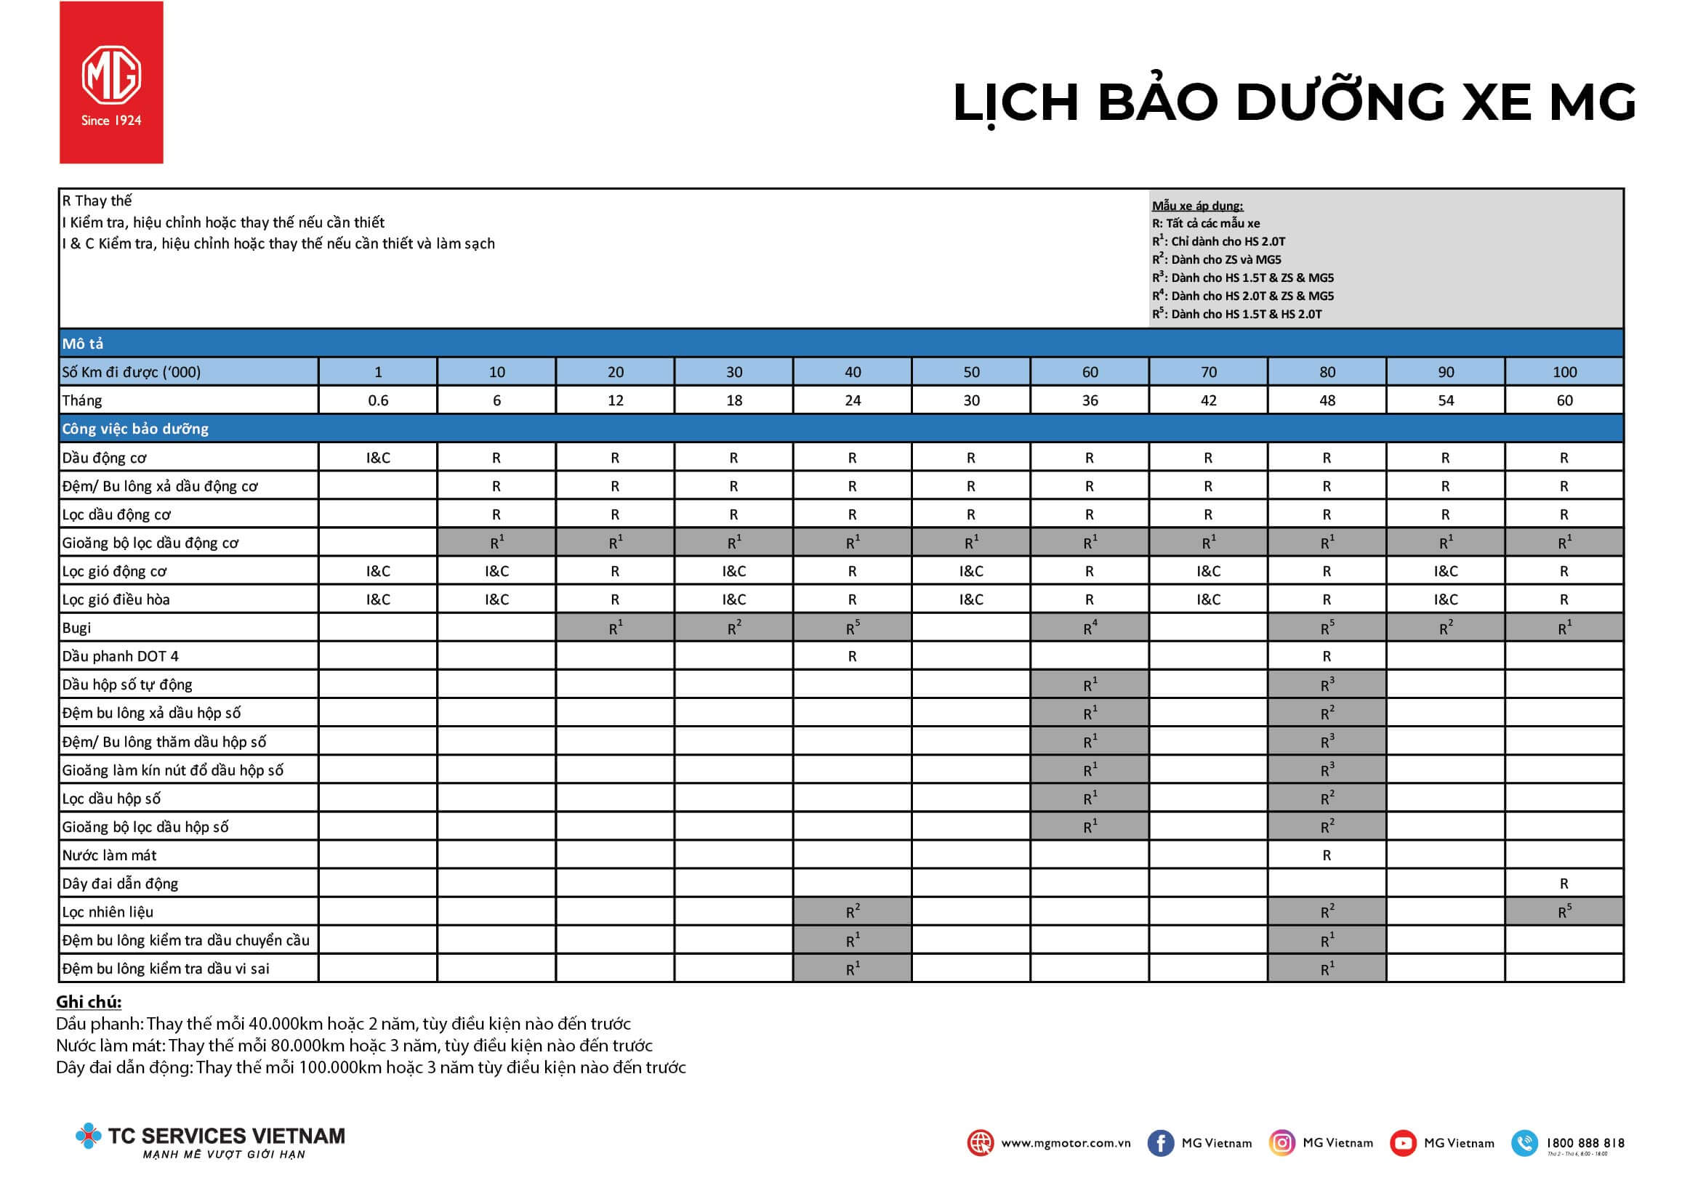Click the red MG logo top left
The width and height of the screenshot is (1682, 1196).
point(111,83)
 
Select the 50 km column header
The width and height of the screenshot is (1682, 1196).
point(970,372)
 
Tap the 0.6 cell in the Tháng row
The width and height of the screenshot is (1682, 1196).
point(378,400)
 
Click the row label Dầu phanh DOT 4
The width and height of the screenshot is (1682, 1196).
point(121,656)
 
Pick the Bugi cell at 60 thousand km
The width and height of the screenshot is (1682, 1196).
point(1090,629)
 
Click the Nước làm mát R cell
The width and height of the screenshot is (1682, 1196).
point(1326,855)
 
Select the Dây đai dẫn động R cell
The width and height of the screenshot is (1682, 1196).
point(1564,884)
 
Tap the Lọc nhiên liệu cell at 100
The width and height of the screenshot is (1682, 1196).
point(1564,912)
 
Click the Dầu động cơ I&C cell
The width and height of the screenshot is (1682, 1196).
point(378,458)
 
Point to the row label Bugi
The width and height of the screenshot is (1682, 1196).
point(76,629)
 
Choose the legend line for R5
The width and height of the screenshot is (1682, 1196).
point(1237,314)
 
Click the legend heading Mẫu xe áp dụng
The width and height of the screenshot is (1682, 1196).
point(1197,206)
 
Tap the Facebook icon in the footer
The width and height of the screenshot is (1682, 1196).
point(1159,1143)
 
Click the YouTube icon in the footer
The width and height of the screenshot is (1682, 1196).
point(1402,1143)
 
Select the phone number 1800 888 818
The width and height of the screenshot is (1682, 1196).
point(1585,1143)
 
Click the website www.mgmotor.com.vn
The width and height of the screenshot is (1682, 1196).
point(1066,1143)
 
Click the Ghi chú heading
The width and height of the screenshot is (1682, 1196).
point(89,1001)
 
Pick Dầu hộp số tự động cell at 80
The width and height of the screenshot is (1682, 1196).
point(1326,685)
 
